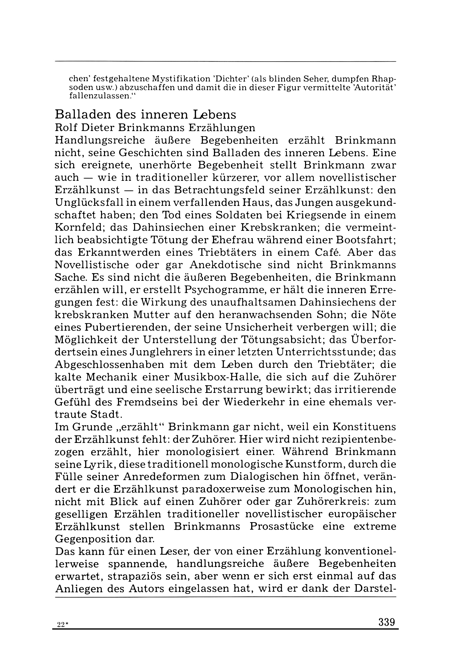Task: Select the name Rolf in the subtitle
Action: (x=64, y=127)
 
